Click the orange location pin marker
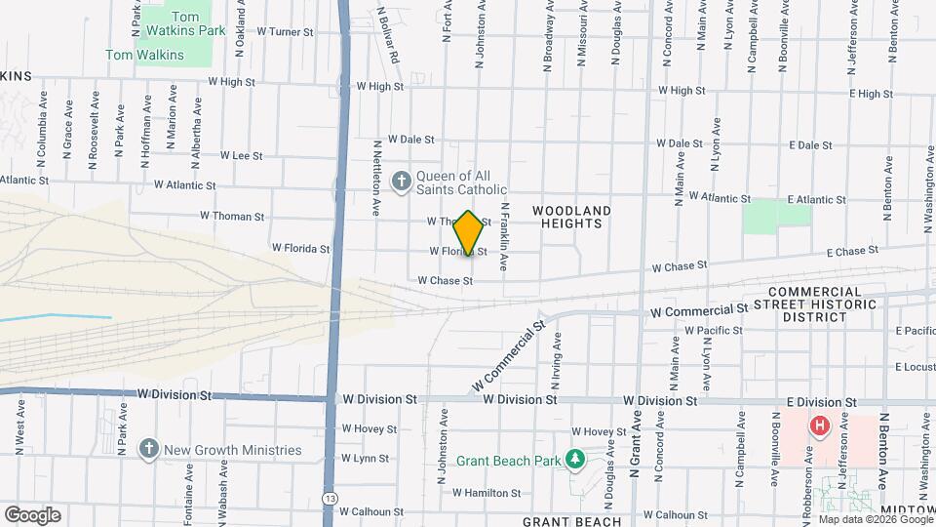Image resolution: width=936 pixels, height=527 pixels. [x=469, y=233]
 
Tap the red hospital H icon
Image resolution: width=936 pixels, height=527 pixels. [x=820, y=426]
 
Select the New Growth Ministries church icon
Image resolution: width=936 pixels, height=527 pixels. [x=148, y=450]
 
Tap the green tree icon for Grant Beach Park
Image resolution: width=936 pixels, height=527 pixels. [x=575, y=457]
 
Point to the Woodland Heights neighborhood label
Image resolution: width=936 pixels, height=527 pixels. [x=571, y=217]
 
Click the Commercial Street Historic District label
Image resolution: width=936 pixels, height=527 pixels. [x=814, y=304]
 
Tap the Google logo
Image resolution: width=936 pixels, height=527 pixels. [x=31, y=514]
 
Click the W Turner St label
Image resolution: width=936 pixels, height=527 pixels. [x=285, y=32]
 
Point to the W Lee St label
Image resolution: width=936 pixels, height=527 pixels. [x=242, y=155]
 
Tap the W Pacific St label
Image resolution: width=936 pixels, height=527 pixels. [x=714, y=331]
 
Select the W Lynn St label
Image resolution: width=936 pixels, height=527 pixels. [x=365, y=458]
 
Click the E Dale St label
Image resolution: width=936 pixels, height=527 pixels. [x=808, y=145]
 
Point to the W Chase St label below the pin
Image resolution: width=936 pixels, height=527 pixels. [x=445, y=281]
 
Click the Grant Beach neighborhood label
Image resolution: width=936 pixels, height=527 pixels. [x=571, y=522]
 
